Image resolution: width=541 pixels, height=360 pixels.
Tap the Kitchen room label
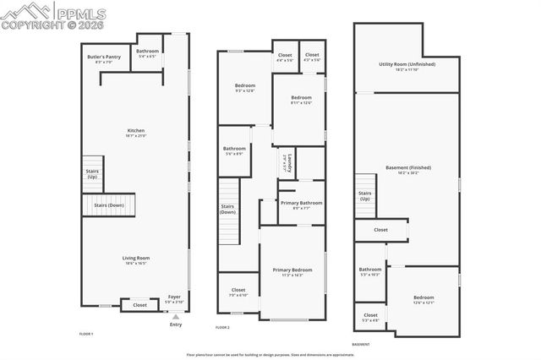point(136,132)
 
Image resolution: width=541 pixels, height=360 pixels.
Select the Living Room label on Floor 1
point(136,259)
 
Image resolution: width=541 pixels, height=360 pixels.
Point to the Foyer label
point(174,298)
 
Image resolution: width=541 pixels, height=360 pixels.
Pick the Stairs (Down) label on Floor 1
point(109,205)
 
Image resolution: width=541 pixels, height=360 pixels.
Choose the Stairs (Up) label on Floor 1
point(92,174)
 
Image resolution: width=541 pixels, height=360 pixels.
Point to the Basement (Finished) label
point(407,168)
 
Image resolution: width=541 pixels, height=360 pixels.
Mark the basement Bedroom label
point(424,298)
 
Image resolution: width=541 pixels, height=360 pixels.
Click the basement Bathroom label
point(370,270)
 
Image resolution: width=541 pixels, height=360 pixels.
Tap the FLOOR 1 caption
point(86,334)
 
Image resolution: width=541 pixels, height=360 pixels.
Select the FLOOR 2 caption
point(223,327)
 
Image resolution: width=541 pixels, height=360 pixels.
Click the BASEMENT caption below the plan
point(360,345)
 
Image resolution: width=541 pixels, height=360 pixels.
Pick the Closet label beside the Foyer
point(139,305)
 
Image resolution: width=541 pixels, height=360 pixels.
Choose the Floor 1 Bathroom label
point(148,52)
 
